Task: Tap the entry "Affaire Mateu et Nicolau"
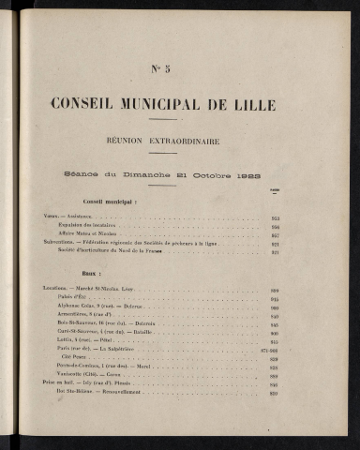tap(89, 234)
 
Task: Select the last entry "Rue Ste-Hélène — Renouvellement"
tap(103, 394)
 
